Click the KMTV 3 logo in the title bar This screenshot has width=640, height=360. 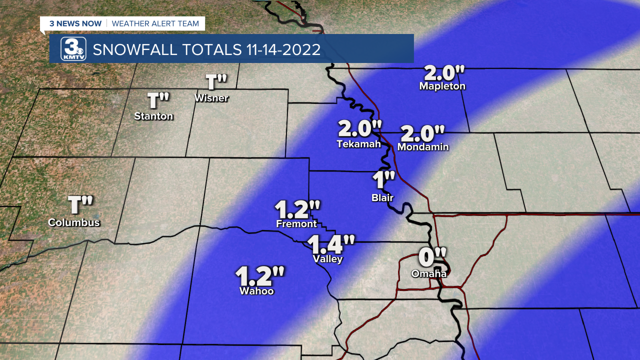pyautogui.click(x=73, y=49)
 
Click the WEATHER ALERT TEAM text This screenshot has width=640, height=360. pyautogui.click(x=155, y=23)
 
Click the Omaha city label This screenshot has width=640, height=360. pyautogui.click(x=429, y=273)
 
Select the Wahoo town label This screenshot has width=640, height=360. pyautogui.click(x=256, y=290)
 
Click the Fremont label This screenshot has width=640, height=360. pyautogui.click(x=296, y=224)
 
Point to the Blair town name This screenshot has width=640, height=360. pyautogui.click(x=382, y=197)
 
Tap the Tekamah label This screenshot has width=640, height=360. pyautogui.click(x=358, y=144)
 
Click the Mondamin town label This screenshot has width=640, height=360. pyautogui.click(x=423, y=147)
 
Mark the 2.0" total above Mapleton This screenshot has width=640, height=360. pyautogui.click(x=444, y=73)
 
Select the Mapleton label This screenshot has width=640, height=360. pyautogui.click(x=442, y=86)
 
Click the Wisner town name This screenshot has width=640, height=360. pyautogui.click(x=211, y=97)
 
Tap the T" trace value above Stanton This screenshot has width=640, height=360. pyautogui.click(x=158, y=101)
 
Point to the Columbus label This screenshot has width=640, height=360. pyautogui.click(x=74, y=222)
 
